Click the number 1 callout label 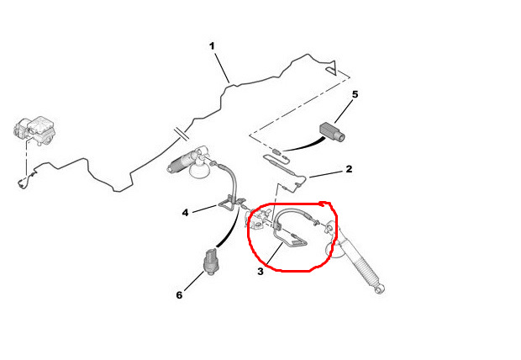212,46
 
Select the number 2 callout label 349,169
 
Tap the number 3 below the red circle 260,272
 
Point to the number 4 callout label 185,212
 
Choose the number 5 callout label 355,94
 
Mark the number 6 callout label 180,294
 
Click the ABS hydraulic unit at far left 34,130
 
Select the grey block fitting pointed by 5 332,132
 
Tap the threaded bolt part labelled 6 210,262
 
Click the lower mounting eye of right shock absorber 380,290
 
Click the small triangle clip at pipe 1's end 332,68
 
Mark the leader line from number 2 326,174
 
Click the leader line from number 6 193,281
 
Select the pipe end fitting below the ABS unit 22,183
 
